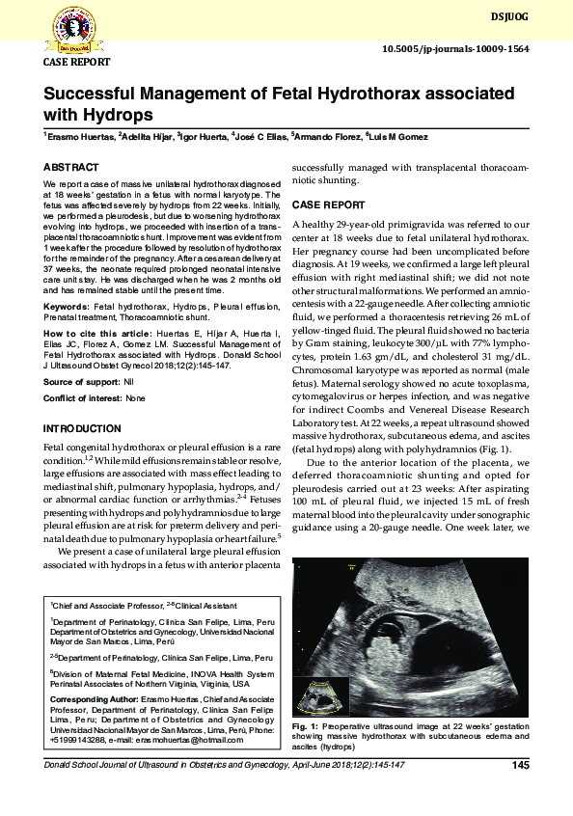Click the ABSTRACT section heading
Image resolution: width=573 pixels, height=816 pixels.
[70, 167]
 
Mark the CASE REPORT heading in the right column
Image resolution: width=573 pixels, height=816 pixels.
[328, 205]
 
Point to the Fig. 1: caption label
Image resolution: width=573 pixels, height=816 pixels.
[305, 724]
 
